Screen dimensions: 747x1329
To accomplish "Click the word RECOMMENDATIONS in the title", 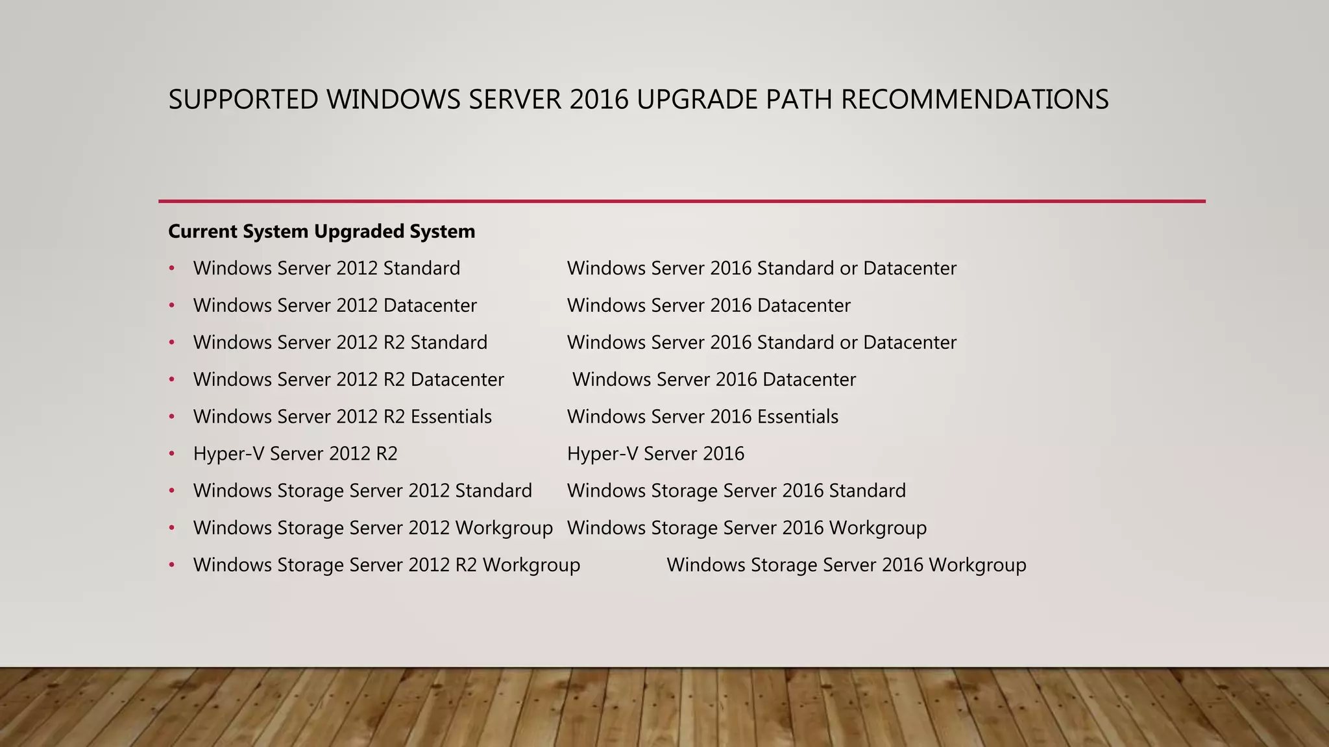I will tap(975, 100).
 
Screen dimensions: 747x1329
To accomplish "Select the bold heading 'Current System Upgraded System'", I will tap(321, 231).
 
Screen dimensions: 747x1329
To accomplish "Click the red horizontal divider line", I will tap(681, 201).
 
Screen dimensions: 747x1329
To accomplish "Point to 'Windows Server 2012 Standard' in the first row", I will tap(326, 268).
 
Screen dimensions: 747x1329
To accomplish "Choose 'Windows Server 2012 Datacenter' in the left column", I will tap(335, 305).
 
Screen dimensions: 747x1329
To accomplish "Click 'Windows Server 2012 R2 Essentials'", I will tap(343, 416).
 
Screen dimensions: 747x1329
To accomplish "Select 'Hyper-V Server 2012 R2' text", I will tap(295, 453).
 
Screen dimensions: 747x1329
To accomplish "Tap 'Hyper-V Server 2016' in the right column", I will tap(655, 453).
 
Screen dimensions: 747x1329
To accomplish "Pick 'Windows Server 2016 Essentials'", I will tap(703, 416).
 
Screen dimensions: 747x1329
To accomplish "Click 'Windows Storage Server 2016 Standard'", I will tap(737, 491).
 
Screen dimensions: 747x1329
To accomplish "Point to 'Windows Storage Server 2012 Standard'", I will tap(363, 491).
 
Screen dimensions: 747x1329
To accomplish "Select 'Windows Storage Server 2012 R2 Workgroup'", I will tap(387, 565).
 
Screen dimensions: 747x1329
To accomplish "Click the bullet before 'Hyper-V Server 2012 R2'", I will tap(172, 454).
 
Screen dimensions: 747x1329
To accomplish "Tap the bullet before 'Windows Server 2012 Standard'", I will tap(172, 269).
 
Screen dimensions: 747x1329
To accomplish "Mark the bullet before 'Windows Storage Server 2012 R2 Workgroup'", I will tap(172, 565).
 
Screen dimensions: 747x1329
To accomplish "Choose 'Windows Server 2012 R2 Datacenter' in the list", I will tap(348, 379).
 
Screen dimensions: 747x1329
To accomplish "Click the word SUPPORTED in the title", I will tap(243, 100).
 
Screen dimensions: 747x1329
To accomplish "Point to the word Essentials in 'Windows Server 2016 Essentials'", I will tap(798, 416).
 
